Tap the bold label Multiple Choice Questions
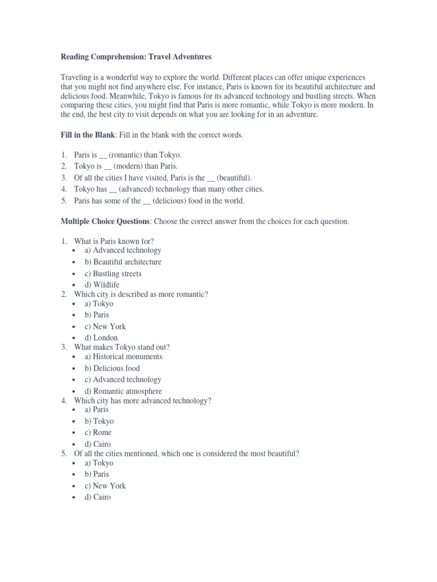(x=105, y=221)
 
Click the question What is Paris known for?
(x=114, y=241)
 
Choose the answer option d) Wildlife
(x=102, y=285)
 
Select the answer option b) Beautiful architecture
(x=123, y=262)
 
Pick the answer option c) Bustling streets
(x=113, y=273)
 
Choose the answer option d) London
(x=101, y=338)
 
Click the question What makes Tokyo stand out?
(x=122, y=347)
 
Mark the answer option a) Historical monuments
(x=123, y=356)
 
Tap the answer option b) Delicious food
(x=112, y=368)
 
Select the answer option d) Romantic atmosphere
(x=123, y=391)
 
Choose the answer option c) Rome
(x=98, y=433)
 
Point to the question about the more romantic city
(x=141, y=294)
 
